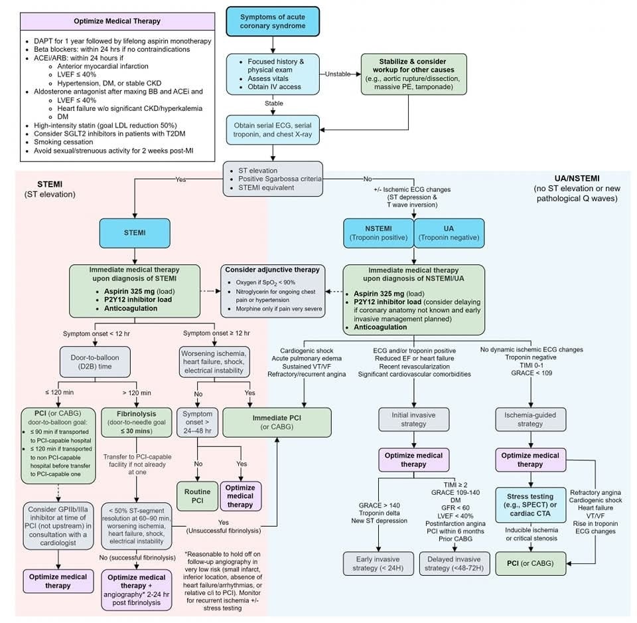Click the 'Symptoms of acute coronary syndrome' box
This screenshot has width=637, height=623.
click(273, 21)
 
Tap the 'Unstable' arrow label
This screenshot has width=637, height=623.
click(337, 74)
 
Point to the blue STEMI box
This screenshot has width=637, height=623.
click(135, 234)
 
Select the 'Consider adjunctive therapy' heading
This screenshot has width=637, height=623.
click(272, 269)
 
